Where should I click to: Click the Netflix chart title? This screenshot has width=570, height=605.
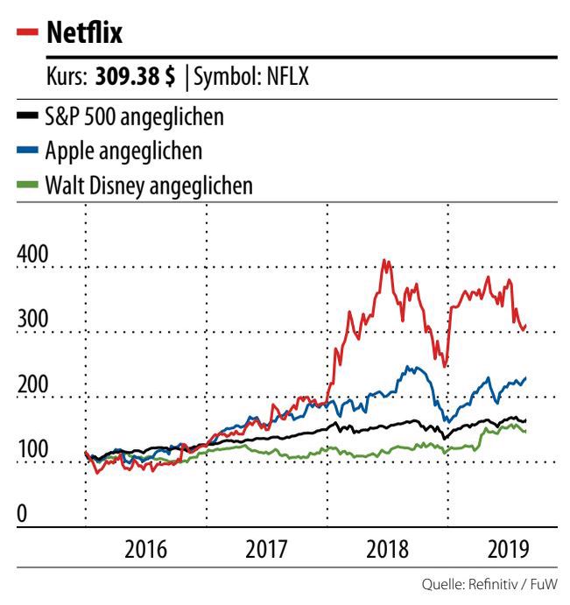(85, 34)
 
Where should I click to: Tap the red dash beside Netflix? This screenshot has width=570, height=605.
(27, 34)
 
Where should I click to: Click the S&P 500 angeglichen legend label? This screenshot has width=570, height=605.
(133, 116)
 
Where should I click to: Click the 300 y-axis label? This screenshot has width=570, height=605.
(33, 320)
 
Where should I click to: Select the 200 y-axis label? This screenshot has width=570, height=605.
(33, 386)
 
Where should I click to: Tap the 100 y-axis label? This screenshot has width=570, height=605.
(33, 452)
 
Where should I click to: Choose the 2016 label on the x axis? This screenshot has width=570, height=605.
(146, 551)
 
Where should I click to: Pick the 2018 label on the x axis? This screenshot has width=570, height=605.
(387, 551)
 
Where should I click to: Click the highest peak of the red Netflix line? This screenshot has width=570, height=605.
(384, 260)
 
